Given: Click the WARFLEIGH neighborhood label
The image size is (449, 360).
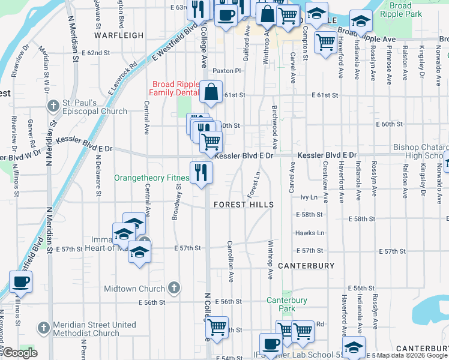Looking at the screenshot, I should pos(119,35).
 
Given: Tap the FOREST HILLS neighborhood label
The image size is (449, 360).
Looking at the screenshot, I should pos(244,205).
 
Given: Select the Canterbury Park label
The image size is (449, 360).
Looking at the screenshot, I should pos(287,304).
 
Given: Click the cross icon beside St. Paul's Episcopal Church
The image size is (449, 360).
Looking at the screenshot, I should pos(53,106).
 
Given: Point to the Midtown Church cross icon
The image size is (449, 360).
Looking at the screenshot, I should pos(174,289).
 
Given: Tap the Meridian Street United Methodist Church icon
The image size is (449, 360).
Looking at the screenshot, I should pos(43,329).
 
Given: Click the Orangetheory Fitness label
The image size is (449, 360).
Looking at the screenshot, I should pos(152,178).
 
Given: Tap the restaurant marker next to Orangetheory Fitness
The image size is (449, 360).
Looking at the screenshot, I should pos(201,173).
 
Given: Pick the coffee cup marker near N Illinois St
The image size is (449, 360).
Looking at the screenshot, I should pos(21,281).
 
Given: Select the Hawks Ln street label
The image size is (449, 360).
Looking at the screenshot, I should pos(309,233).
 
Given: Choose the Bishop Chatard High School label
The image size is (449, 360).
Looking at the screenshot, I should pos(420,151).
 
